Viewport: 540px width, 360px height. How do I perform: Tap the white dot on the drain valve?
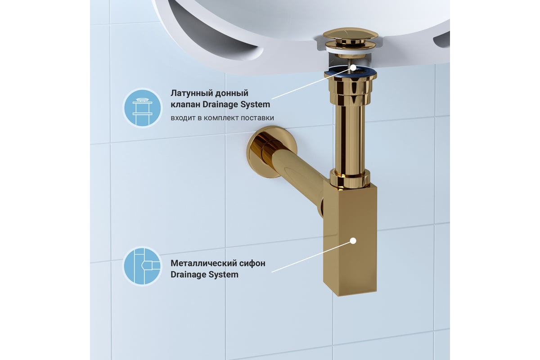click(353, 68)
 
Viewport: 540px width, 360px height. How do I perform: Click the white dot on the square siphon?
click(353, 241)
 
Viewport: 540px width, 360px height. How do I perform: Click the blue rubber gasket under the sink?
click(350, 72)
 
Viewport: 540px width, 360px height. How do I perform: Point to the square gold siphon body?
click(350, 238)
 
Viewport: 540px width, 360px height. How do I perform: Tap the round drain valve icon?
click(143, 108)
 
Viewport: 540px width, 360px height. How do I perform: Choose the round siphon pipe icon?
click(143, 266)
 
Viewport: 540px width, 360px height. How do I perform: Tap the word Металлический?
click(203, 263)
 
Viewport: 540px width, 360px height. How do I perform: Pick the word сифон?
click(252, 264)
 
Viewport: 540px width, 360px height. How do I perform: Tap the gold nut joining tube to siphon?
click(350, 179)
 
